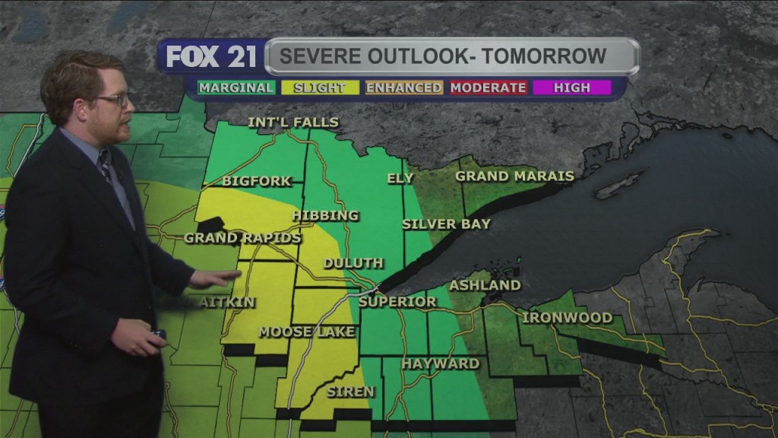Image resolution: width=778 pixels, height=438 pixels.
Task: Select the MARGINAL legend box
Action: (236, 87)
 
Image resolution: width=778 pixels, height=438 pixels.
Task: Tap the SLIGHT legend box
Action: (319, 87)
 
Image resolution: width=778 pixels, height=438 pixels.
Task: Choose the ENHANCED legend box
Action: (403, 87)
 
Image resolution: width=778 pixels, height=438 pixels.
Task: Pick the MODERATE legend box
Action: (488, 87)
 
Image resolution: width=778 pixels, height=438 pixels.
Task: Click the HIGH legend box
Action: (571, 87)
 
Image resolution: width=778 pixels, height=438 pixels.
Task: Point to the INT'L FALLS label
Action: (293, 122)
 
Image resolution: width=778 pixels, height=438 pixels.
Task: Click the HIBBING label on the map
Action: (324, 215)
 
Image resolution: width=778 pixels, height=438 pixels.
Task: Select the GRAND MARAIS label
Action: (514, 176)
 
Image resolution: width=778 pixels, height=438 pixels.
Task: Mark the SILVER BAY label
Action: (446, 224)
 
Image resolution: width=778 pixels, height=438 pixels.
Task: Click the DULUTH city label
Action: (353, 263)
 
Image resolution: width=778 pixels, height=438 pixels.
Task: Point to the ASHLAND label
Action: (485, 285)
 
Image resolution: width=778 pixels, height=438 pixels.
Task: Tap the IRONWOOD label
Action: (567, 317)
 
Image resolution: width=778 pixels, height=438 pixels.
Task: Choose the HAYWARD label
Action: (441, 363)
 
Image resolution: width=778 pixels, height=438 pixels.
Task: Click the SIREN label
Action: (350, 392)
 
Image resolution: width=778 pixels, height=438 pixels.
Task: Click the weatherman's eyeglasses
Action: (112, 100)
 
